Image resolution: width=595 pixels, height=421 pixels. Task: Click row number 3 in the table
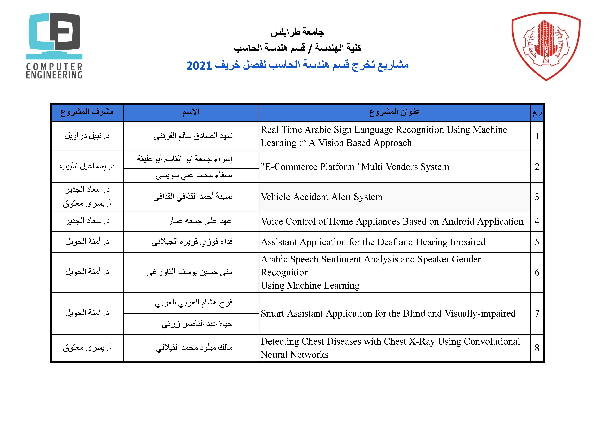coord(537,197)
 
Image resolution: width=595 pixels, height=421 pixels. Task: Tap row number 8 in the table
coord(537,348)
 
